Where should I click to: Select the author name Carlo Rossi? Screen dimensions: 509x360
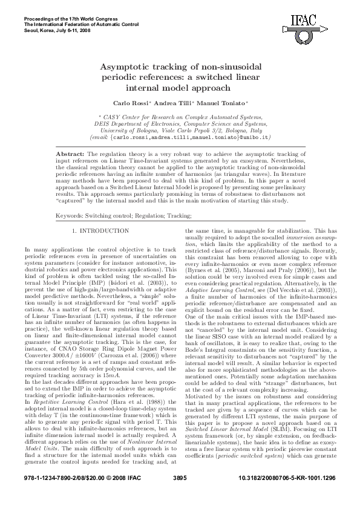click(129, 103)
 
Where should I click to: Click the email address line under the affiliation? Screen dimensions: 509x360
click(180, 137)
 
